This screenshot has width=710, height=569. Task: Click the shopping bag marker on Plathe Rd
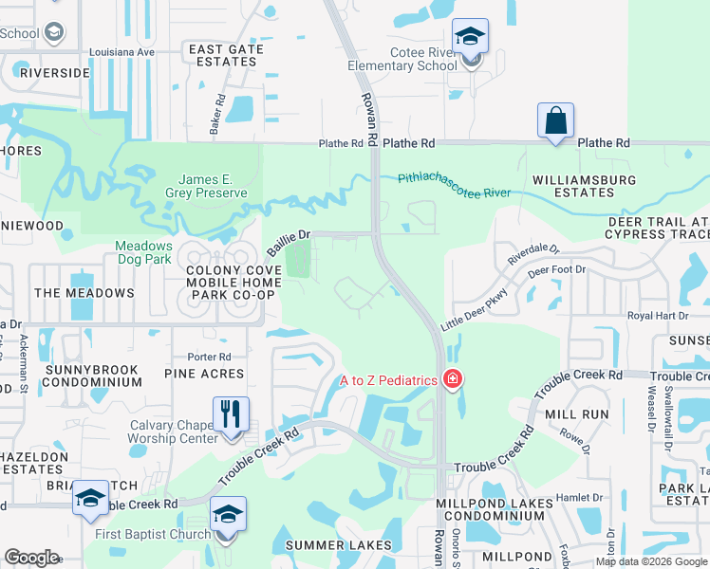click(555, 121)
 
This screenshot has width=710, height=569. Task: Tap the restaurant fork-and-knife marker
click(231, 415)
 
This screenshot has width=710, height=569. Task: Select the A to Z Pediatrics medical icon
click(453, 380)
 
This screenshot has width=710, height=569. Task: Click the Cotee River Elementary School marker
click(470, 38)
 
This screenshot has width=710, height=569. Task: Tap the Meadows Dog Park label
click(143, 251)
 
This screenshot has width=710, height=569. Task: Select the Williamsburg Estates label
click(572, 185)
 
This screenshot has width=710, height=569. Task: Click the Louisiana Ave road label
click(120, 52)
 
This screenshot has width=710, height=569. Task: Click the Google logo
click(31, 557)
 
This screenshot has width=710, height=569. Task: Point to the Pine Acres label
click(204, 375)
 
